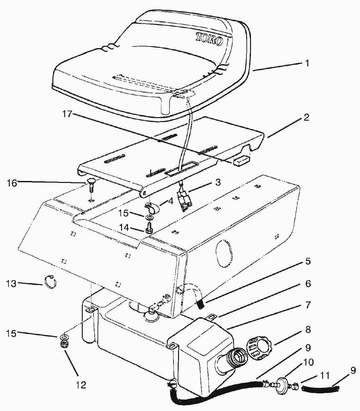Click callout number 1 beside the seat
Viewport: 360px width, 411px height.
pos(307,63)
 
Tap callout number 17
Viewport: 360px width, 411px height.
pos(67,114)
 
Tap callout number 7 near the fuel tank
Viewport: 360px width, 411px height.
pos(307,305)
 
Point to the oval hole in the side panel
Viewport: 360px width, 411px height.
pos(224,252)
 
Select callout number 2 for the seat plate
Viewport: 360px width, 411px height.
pos(307,117)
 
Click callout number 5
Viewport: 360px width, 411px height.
pos(307,261)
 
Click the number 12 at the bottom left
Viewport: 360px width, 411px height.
pos(81,385)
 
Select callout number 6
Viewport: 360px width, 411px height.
pos(307,283)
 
